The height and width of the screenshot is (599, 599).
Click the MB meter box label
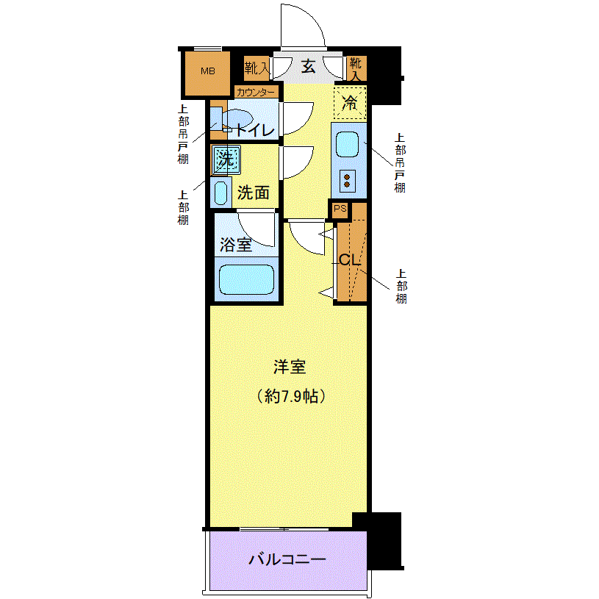pyautogui.click(x=208, y=71)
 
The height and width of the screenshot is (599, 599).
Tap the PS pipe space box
pyautogui.click(x=340, y=209)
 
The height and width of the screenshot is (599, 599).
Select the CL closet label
pyautogui.click(x=350, y=260)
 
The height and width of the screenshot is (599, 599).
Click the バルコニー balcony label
pyautogui.click(x=287, y=559)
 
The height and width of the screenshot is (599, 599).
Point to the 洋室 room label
pyautogui.click(x=290, y=367)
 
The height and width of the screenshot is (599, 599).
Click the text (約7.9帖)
pyautogui.click(x=290, y=396)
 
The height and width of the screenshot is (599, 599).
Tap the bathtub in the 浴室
pyautogui.click(x=246, y=279)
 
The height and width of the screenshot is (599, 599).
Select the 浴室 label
pyautogui.click(x=236, y=245)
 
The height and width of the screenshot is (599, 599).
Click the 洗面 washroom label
pyautogui.click(x=254, y=193)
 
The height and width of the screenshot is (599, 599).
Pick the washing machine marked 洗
pyautogui.click(x=226, y=159)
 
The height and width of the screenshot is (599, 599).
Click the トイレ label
pyautogui.click(x=255, y=131)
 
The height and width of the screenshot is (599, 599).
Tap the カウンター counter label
pyautogui.click(x=256, y=93)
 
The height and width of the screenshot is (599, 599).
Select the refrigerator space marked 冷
pyautogui.click(x=350, y=103)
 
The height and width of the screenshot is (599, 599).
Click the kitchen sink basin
pyautogui.click(x=347, y=144)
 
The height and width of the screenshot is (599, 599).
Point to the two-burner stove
pyautogui.click(x=347, y=181)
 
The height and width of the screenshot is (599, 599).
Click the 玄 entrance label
pyautogui.click(x=308, y=66)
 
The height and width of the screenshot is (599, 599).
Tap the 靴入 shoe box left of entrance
pyautogui.click(x=257, y=68)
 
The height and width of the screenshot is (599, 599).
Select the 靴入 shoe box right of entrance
pyautogui.click(x=356, y=69)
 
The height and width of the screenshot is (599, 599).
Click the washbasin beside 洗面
pyautogui.click(x=220, y=193)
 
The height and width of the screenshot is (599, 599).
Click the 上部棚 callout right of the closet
pyautogui.click(x=401, y=286)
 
